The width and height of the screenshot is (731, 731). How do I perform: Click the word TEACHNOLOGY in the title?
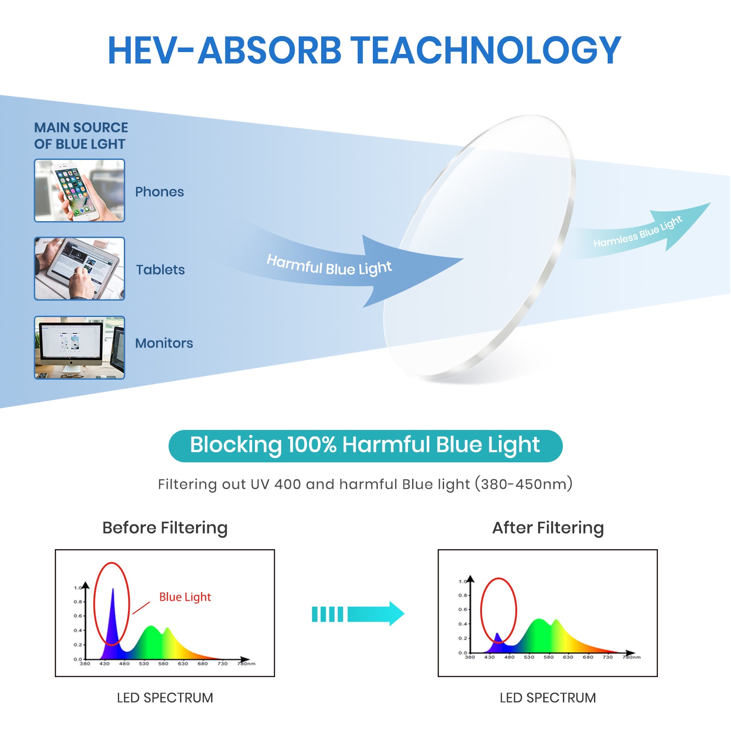coord(486,50)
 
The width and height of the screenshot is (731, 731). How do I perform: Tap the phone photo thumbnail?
coord(79,191)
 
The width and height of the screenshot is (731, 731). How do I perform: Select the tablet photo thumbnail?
coord(79,269)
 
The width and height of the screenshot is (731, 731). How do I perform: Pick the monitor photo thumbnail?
coord(79,348)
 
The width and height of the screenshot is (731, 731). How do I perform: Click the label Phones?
coord(159,192)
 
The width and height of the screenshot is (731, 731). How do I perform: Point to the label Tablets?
coord(160,270)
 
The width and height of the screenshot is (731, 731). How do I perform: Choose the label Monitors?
coord(164,343)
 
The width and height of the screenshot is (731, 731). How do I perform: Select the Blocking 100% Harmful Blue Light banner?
coord(365,445)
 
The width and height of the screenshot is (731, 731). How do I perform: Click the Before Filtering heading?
coord(165,528)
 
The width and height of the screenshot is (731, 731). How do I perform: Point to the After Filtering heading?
coord(548,528)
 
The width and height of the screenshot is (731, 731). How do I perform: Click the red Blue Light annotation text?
coord(185,597)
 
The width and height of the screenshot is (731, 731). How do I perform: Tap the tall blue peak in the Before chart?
coord(112,621)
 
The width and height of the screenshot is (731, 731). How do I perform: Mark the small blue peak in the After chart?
coord(498,642)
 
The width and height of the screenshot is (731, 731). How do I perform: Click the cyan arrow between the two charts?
coord(358,614)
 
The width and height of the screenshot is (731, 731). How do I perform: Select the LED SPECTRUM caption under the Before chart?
coord(165,698)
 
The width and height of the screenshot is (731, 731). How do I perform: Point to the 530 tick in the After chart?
coord(529,657)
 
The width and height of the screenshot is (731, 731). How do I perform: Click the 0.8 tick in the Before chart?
coord(78,602)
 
